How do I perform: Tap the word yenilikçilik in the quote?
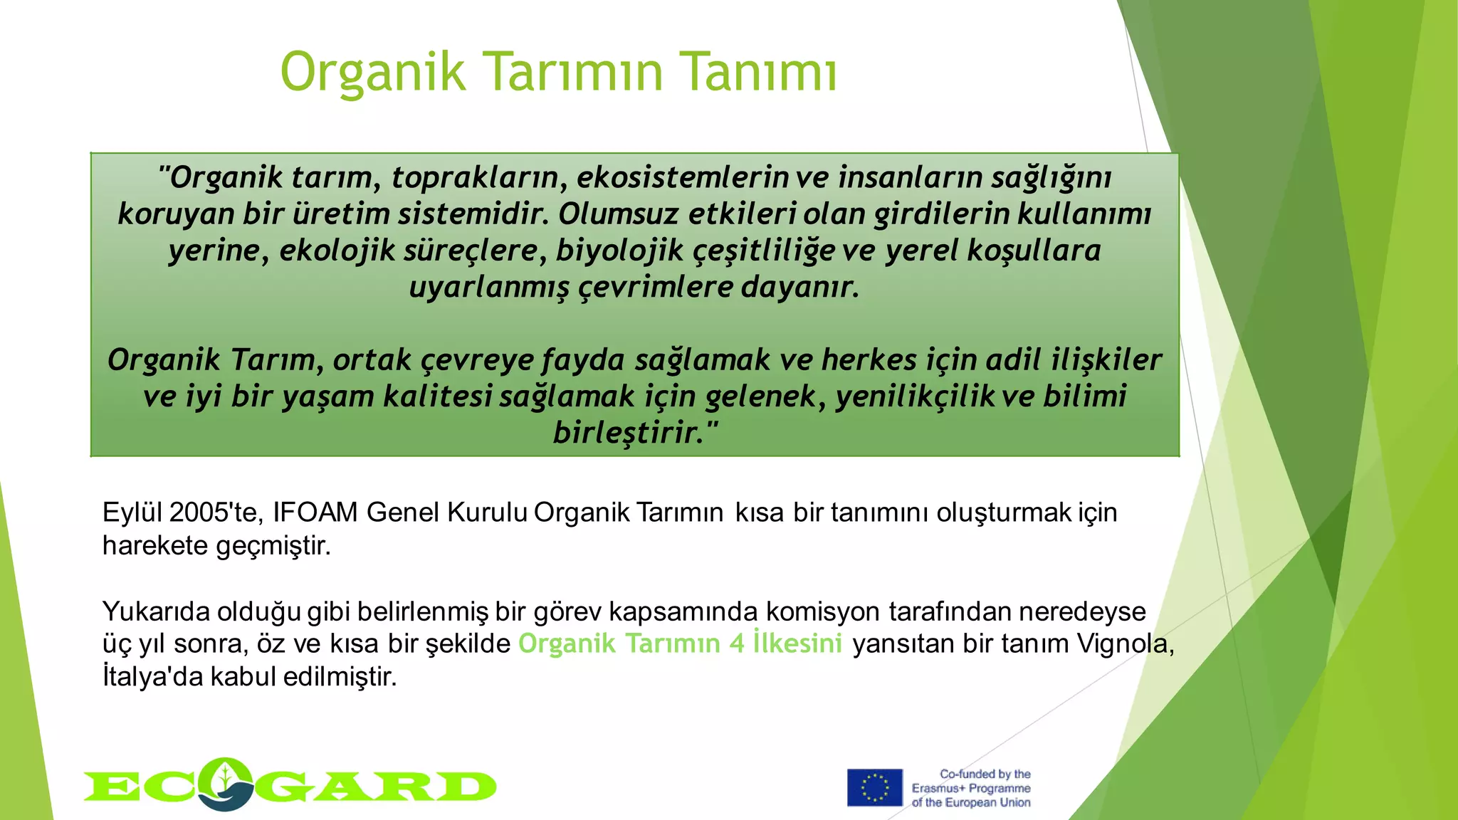tap(914, 396)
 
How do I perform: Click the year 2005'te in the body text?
tap(217, 512)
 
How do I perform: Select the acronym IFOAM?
tap(315, 512)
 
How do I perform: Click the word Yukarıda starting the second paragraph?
tap(155, 611)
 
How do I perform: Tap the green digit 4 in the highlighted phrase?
tap(736, 643)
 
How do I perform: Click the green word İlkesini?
tap(797, 643)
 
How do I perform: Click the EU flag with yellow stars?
tap(874, 787)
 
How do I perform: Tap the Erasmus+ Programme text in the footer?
tap(971, 788)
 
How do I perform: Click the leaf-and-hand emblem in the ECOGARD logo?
tap(226, 784)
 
